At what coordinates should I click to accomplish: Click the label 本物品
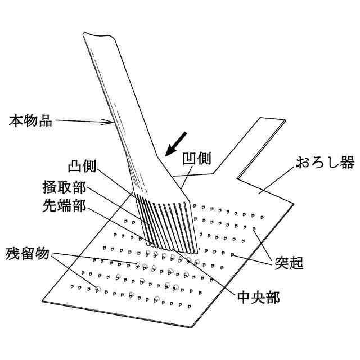(x=31, y=120)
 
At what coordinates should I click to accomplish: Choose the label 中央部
(x=258, y=296)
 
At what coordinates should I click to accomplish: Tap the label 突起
(x=289, y=262)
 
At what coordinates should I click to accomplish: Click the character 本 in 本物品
(x=17, y=120)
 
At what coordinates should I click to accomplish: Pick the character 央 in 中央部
(x=258, y=296)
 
